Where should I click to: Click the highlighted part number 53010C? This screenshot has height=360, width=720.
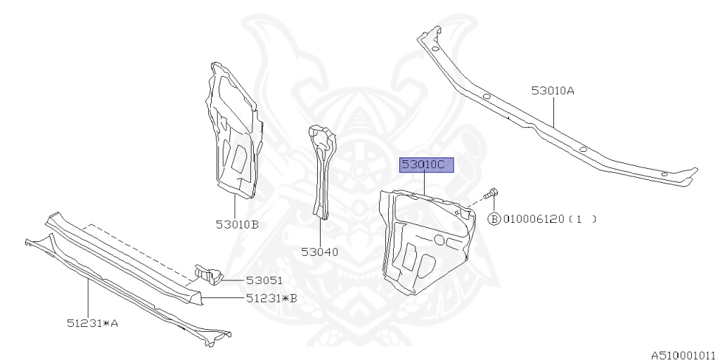click(427, 165)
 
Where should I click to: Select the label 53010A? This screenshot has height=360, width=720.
click(553, 90)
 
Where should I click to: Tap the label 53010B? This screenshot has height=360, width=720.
click(237, 224)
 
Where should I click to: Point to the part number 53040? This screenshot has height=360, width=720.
click(320, 251)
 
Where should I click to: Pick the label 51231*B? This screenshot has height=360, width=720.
click(271, 297)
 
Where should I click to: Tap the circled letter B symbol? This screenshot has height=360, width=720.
click(494, 219)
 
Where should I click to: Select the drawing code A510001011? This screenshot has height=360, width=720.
click(683, 355)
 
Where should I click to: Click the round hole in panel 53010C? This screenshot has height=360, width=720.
click(439, 240)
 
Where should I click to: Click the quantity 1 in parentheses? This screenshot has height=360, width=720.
click(579, 219)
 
